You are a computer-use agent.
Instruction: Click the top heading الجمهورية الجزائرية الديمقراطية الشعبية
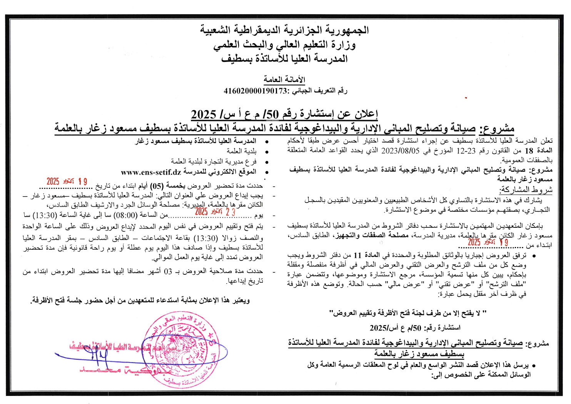pyautogui.click(x=284, y=30)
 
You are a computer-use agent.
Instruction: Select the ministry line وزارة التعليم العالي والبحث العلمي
pyautogui.click(x=284, y=45)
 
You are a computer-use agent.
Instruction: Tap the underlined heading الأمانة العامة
pyautogui.click(x=284, y=80)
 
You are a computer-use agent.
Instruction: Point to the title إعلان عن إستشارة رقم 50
pyautogui.click(x=284, y=114)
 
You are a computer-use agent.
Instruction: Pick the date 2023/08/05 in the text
pyautogui.click(x=400, y=151)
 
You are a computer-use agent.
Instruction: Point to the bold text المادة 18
pyautogui.click(x=538, y=151)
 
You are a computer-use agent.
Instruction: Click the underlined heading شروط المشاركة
pyautogui.click(x=526, y=190)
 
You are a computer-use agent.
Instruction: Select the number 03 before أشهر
pyautogui.click(x=168, y=272)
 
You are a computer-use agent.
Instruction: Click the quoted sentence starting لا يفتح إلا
pyautogui.click(x=408, y=313)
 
